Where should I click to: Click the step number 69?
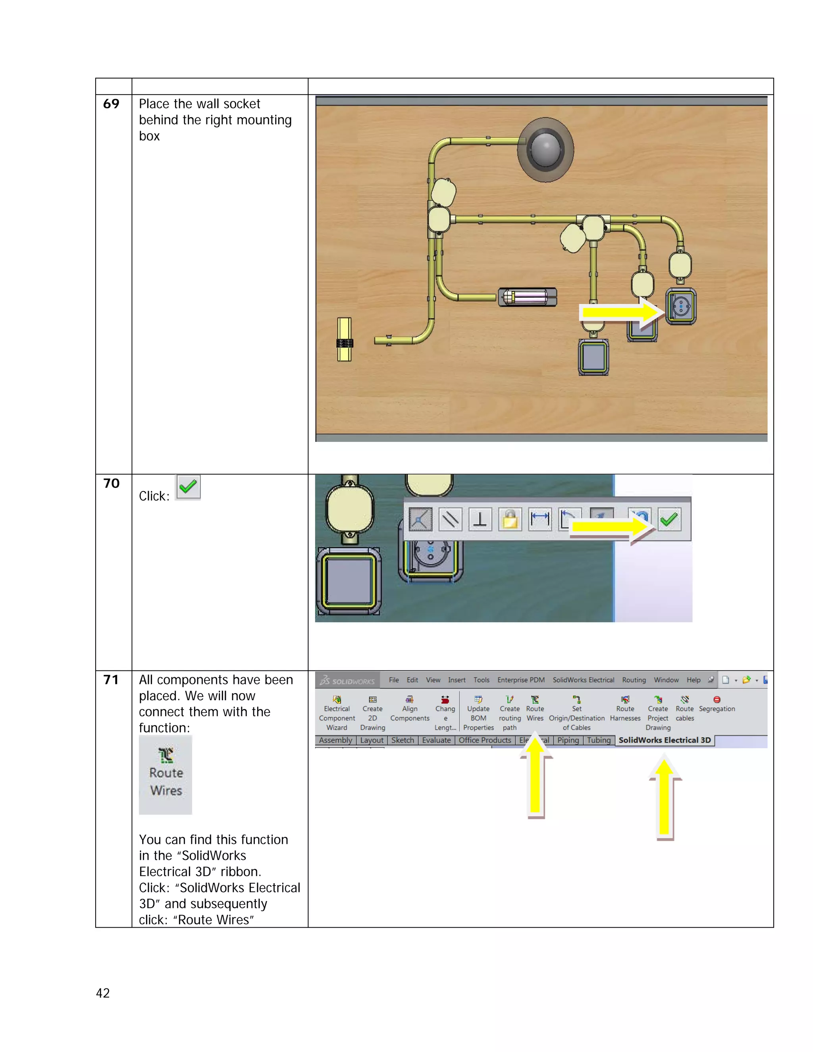pos(111,104)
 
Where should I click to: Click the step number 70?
pos(111,483)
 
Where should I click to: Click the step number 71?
pos(111,680)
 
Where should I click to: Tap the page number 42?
pos(102,993)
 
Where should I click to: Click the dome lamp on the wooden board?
pos(545,149)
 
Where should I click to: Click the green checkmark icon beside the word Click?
pos(188,487)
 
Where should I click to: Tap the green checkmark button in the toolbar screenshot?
pos(669,519)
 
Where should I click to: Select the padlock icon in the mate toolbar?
pos(510,519)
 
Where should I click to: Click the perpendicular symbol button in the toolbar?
pos(480,519)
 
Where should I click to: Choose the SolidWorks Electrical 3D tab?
pos(664,740)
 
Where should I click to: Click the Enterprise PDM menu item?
pos(521,680)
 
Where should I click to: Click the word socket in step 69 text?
pos(242,104)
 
